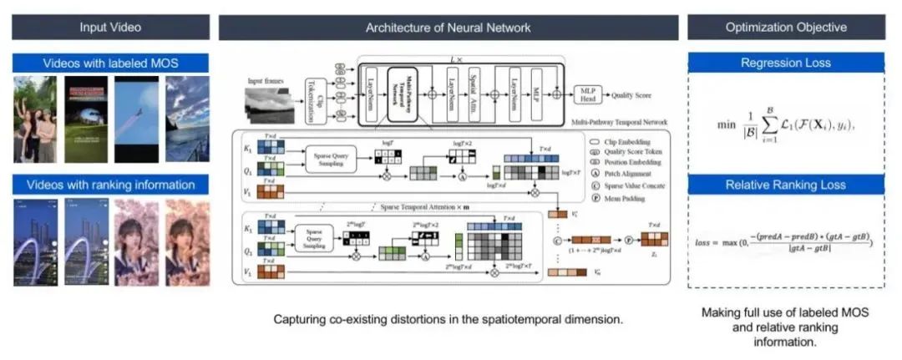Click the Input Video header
[110, 28]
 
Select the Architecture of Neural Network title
[448, 28]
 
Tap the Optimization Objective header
[785, 28]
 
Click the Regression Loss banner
[785, 63]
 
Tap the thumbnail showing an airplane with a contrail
[135, 119]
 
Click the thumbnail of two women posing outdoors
[35, 119]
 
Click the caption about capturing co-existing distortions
[447, 320]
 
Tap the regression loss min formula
[785, 125]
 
